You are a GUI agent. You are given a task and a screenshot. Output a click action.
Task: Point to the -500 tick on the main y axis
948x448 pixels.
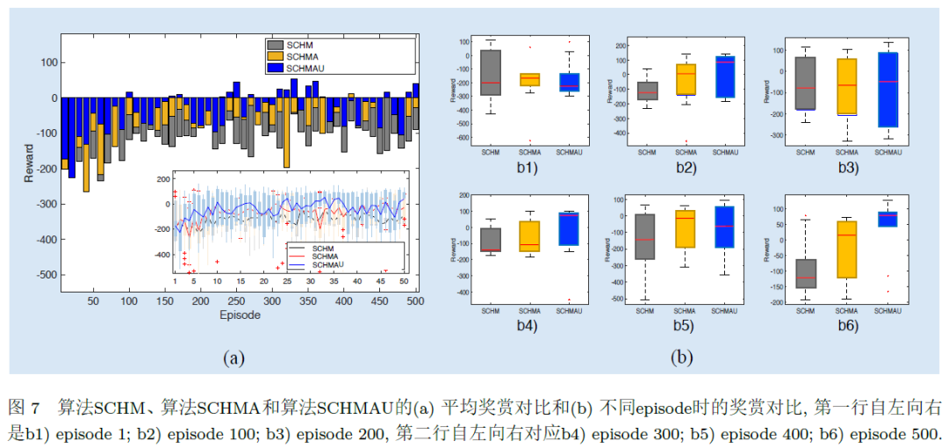[x=47, y=275]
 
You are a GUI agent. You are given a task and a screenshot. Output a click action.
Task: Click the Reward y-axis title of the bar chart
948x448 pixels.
[x=29, y=163]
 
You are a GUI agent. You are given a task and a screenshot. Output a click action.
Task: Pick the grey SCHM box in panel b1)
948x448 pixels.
[x=491, y=72]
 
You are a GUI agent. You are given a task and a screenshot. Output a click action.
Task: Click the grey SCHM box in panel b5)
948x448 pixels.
[x=645, y=235]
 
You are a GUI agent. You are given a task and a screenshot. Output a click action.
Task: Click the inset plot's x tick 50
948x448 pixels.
[x=405, y=281]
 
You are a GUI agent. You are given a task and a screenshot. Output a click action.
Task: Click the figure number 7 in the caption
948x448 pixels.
[x=35, y=408]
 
